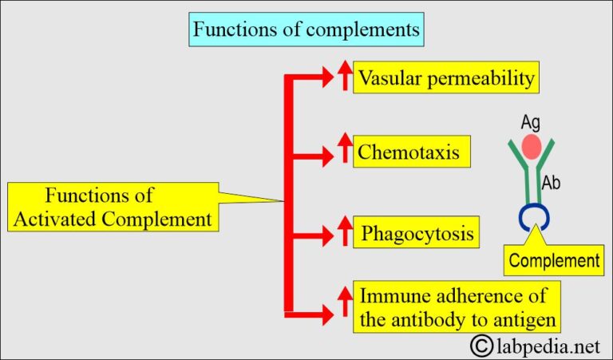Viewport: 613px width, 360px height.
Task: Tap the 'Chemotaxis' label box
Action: [409, 151]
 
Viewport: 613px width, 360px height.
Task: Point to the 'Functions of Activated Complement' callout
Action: [112, 207]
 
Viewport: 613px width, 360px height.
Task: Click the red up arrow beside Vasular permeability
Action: [345, 77]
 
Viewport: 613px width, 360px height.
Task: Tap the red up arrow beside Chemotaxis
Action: [345, 150]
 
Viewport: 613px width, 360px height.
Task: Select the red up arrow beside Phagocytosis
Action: [345, 233]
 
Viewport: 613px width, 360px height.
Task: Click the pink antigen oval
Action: [531, 147]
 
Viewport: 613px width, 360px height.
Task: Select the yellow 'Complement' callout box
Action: [554, 260]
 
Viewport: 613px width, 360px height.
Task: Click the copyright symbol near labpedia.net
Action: [481, 345]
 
